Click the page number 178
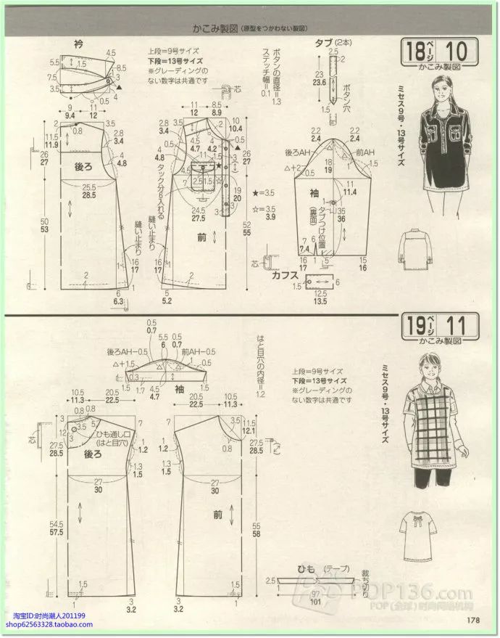click(467, 619)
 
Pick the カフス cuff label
click(286, 276)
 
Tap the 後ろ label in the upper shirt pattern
click(86, 166)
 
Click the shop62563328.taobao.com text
click(46, 623)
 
